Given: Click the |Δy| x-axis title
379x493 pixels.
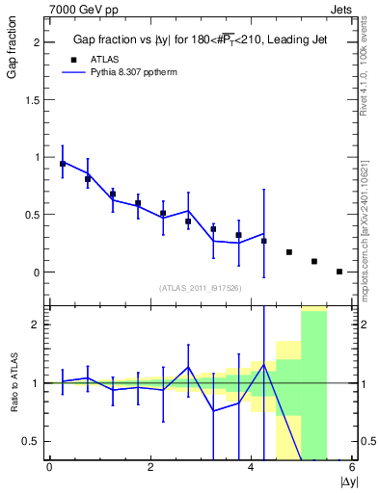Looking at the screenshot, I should (x=348, y=480).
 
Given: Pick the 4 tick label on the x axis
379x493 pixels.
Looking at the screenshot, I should (x=252, y=467).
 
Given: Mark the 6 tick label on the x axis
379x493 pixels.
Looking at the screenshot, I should (x=352, y=467).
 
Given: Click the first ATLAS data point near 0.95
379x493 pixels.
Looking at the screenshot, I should (x=63, y=164).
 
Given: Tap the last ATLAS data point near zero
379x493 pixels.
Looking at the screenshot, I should (x=339, y=272).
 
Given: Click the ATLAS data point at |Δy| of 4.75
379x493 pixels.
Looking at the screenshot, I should (x=289, y=252).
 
